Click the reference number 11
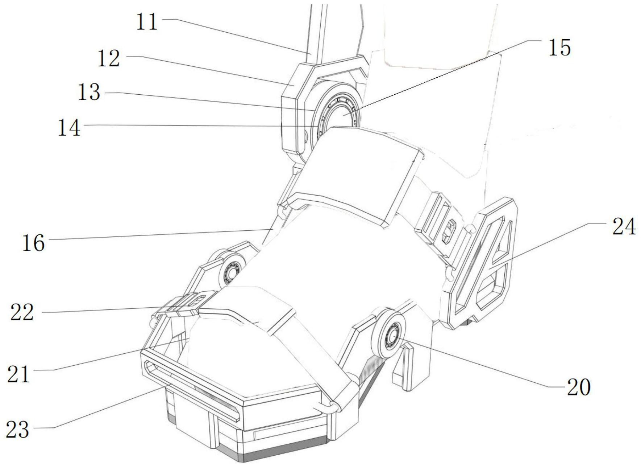[147, 22]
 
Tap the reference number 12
[109, 58]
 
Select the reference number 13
[89, 93]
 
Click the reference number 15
[559, 48]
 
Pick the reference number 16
[33, 243]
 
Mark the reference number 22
[22, 312]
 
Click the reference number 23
[17, 430]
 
